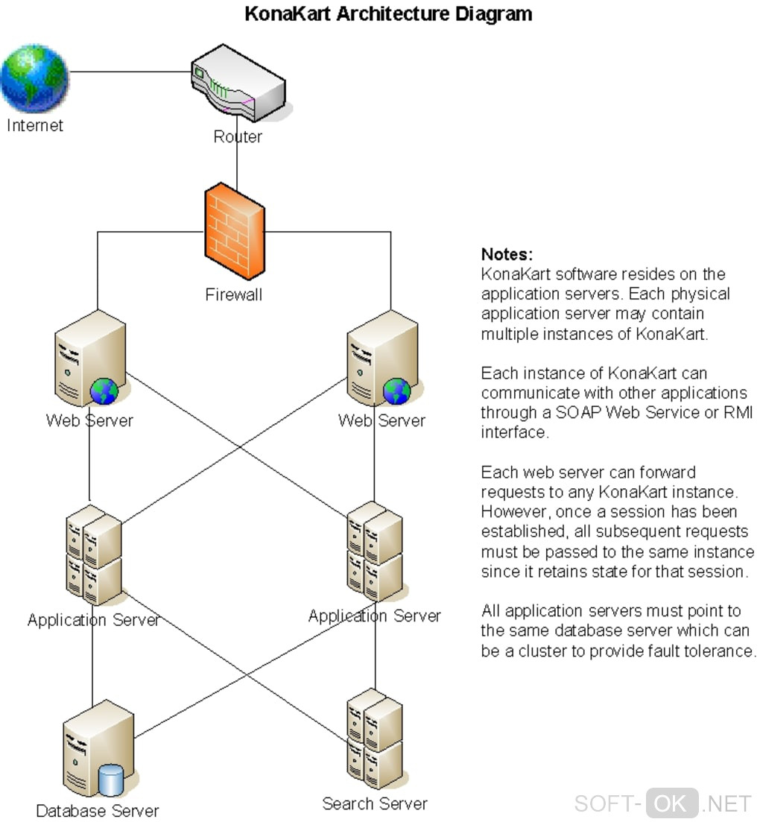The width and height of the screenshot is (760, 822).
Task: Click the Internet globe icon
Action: coord(34,78)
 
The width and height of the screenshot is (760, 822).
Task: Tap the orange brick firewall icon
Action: coord(234,232)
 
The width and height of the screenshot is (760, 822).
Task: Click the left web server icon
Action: coord(89,358)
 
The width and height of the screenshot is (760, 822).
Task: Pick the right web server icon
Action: coord(381,358)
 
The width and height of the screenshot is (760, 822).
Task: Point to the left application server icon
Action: coord(93,554)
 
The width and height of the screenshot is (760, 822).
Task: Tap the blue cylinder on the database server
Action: coord(110,780)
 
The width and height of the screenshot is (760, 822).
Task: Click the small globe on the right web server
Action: coord(396,391)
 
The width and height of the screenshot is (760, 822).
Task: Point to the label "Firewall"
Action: coord(234,295)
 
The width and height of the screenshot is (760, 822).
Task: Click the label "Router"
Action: coord(238,137)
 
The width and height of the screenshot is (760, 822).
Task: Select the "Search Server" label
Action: coord(375,804)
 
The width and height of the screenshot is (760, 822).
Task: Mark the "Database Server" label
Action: coord(98,811)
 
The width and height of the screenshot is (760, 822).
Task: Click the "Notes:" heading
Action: coord(507,254)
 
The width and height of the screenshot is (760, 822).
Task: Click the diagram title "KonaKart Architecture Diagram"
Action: coord(388,13)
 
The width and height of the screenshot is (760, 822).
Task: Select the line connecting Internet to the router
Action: coord(130,72)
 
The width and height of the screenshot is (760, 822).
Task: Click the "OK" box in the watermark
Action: coord(671,803)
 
